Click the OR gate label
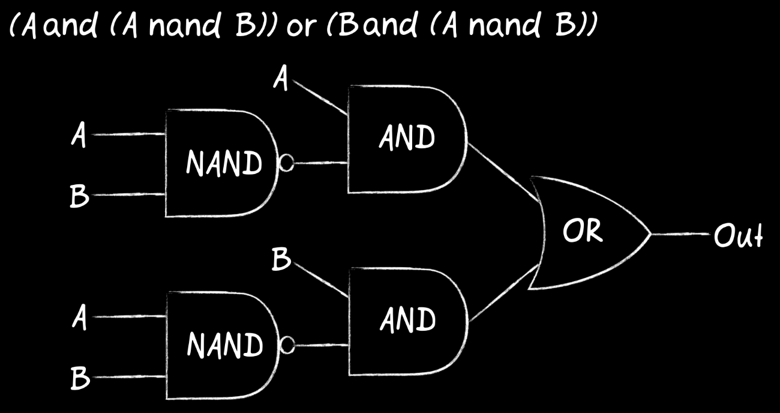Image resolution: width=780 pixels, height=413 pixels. point(583,231)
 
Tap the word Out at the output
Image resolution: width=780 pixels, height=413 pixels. point(738,235)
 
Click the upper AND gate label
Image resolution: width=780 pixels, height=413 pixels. point(407,137)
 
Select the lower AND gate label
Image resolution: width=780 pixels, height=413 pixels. point(407,319)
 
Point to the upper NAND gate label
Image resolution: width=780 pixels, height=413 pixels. point(224,163)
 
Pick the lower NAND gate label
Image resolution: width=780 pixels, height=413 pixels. point(225,345)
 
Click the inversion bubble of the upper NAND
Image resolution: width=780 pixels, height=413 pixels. point(287,163)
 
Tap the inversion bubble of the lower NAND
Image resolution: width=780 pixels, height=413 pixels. point(287,345)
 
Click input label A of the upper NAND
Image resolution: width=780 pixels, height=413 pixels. point(79,134)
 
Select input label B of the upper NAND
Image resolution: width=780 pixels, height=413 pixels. point(79,196)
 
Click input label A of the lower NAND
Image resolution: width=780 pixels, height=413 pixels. point(79,317)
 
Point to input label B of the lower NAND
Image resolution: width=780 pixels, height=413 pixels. point(80,378)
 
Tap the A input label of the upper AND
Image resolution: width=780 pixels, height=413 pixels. point(281,77)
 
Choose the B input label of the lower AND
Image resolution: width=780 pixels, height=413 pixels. point(281,259)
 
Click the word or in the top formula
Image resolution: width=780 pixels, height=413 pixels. point(302,27)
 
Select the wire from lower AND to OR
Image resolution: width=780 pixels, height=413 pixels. point(504,293)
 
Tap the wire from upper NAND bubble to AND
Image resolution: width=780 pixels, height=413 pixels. point(321,163)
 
